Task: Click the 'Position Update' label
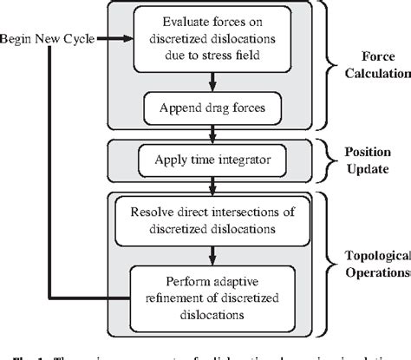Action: tap(364, 159)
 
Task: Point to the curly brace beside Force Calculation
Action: tap(330, 68)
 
